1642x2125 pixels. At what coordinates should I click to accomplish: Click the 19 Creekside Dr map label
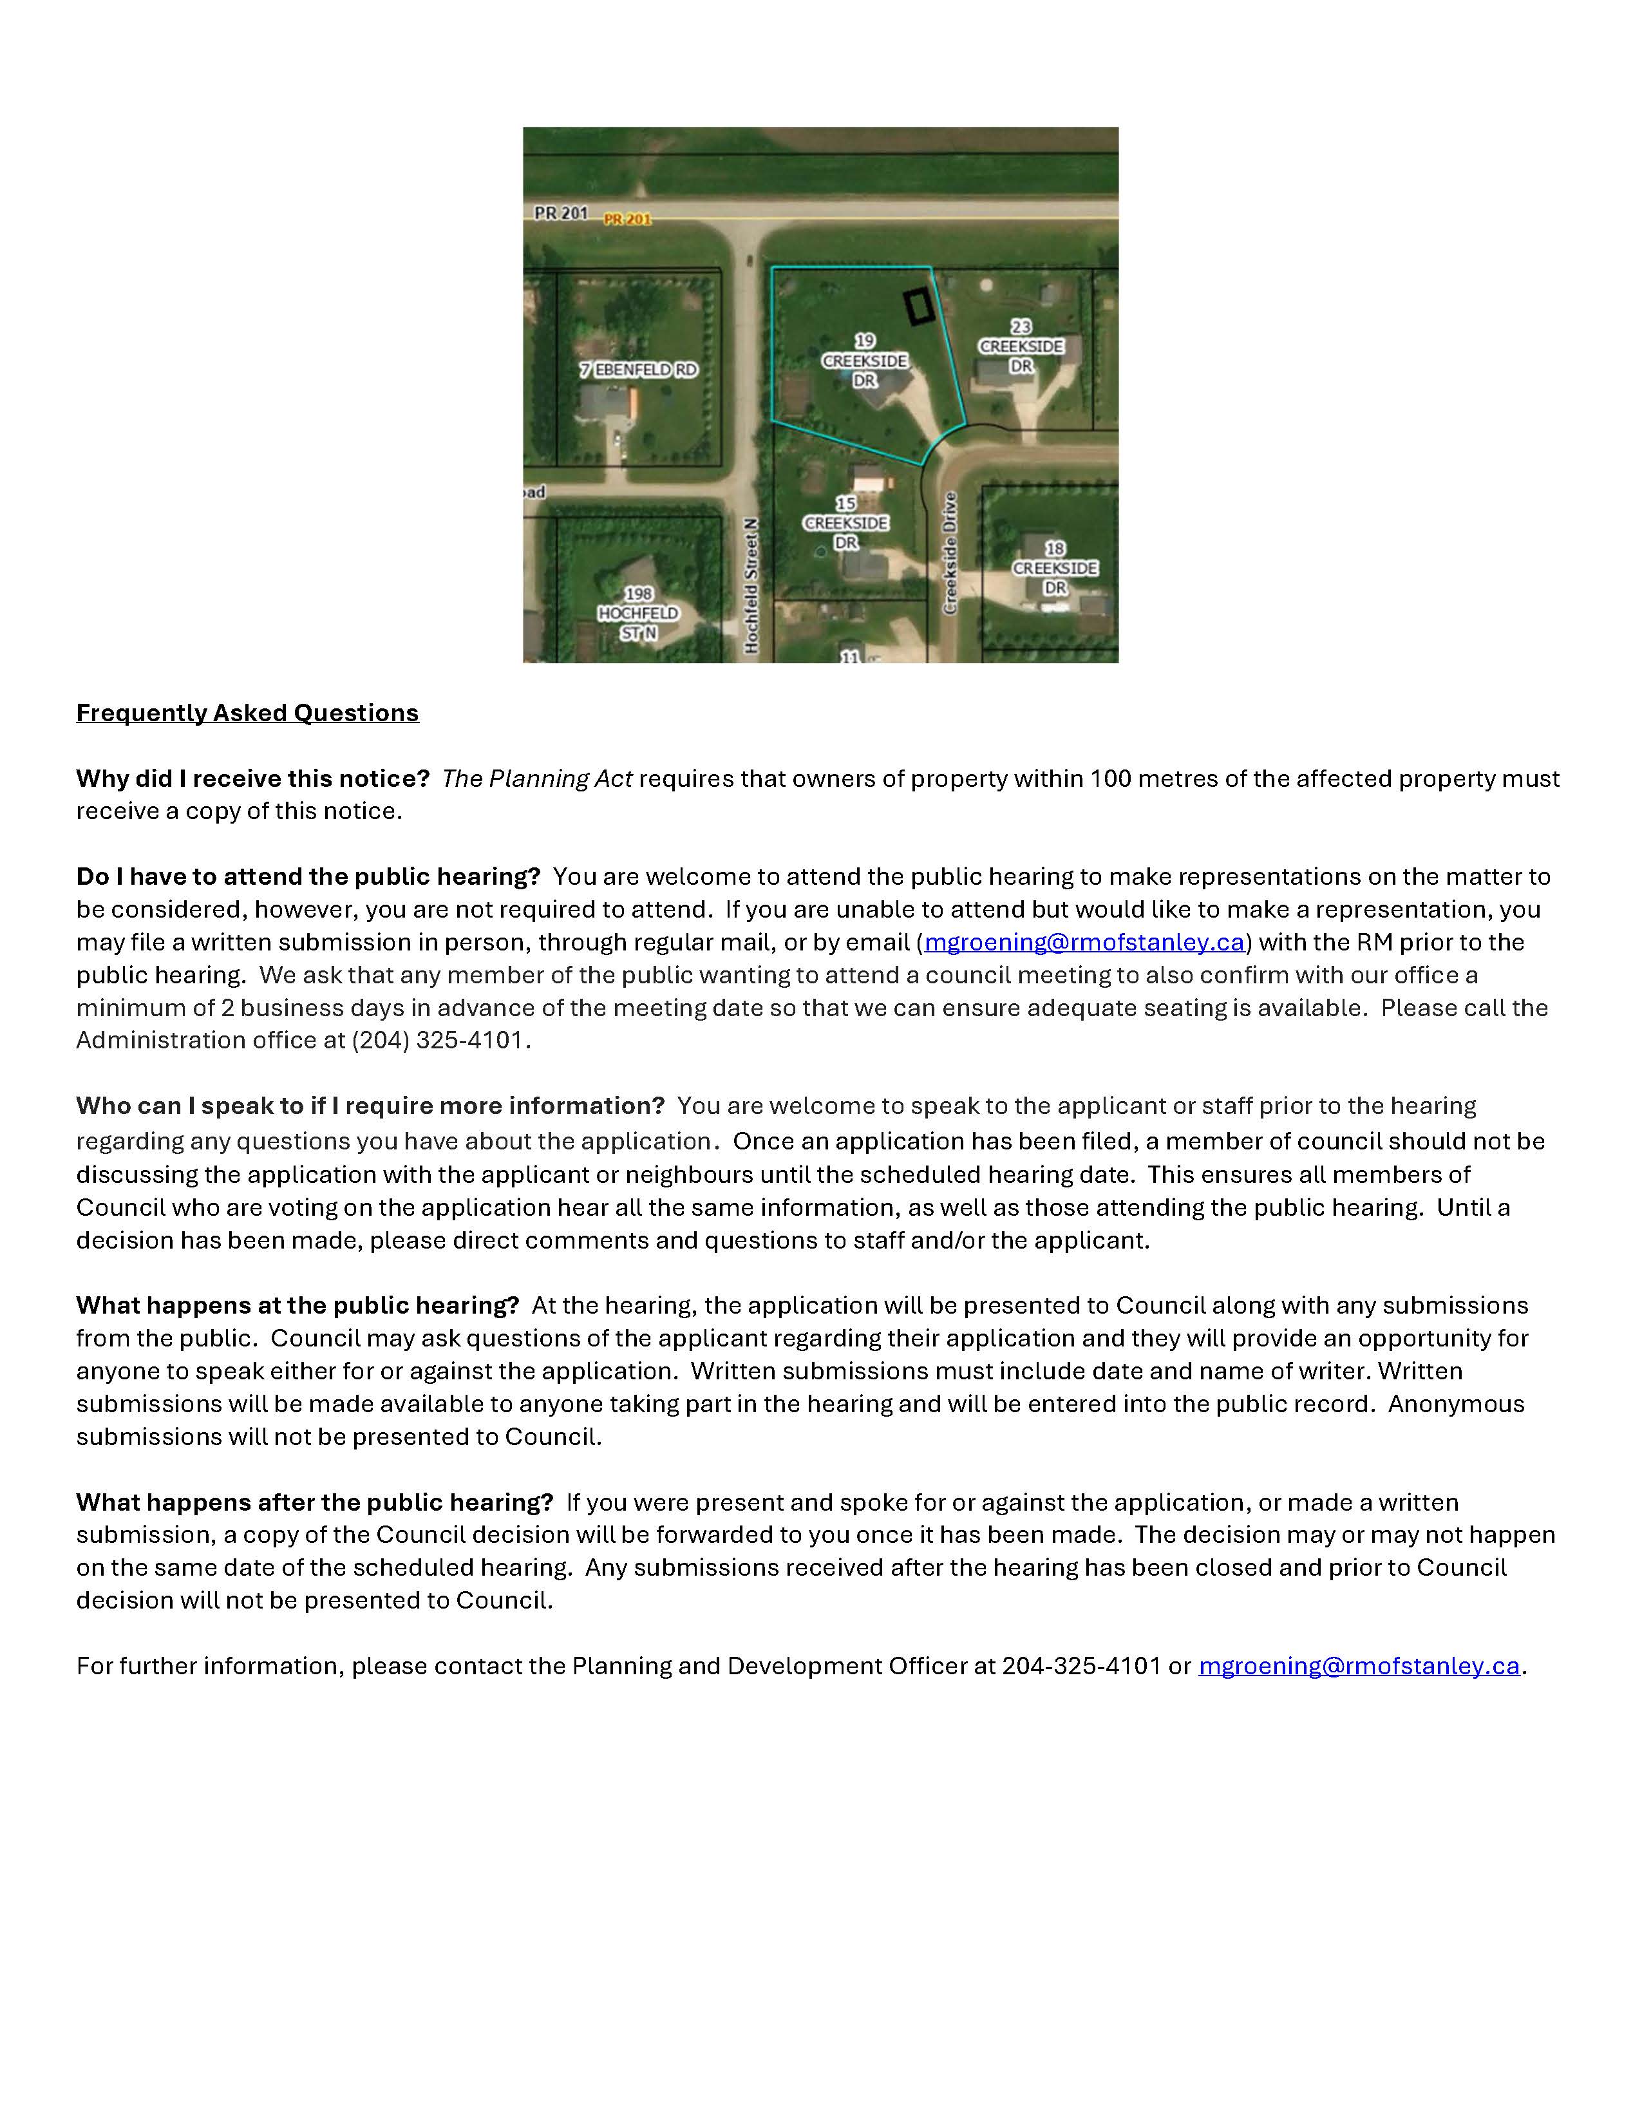[x=865, y=361]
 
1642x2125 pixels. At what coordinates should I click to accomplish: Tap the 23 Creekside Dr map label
[x=1021, y=346]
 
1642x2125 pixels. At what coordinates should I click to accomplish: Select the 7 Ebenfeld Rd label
[x=638, y=370]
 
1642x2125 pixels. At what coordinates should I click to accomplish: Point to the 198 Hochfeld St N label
[x=638, y=613]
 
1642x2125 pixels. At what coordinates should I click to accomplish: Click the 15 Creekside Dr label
[x=845, y=524]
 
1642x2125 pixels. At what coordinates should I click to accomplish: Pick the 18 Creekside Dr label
[x=1055, y=568]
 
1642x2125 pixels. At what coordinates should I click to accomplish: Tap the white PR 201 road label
[x=560, y=212]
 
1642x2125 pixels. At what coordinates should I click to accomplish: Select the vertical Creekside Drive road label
[x=950, y=552]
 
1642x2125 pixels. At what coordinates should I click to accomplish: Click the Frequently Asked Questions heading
[x=247, y=713]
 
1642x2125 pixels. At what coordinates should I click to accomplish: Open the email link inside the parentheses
[x=1084, y=942]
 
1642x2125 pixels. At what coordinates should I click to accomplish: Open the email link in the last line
[x=1358, y=1666]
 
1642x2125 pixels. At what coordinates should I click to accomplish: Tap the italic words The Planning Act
[x=537, y=779]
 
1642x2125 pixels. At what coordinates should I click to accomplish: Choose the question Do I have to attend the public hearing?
[x=307, y=876]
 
